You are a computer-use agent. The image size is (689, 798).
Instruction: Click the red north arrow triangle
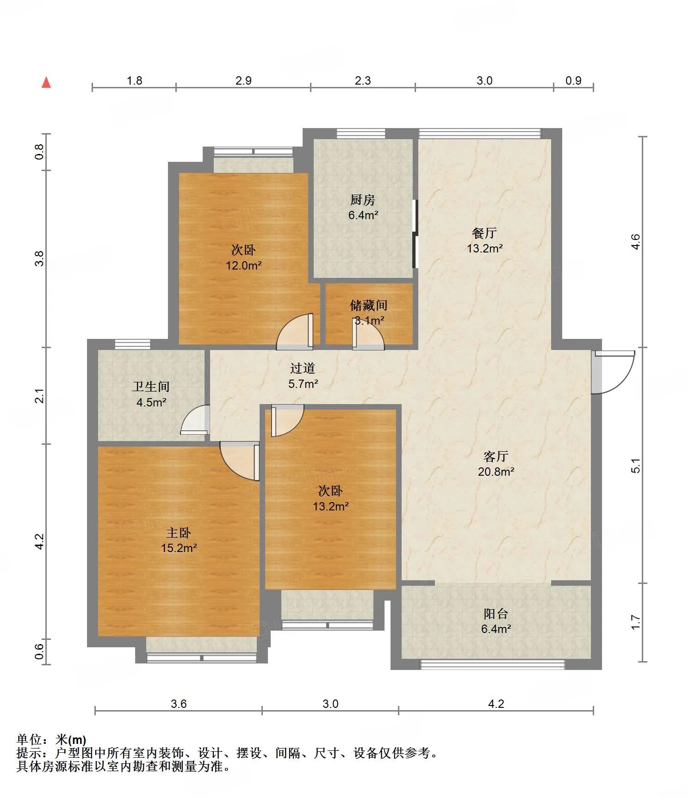[46, 82]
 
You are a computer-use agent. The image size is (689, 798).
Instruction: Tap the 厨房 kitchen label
[362, 200]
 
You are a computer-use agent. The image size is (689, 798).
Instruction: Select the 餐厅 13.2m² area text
[484, 248]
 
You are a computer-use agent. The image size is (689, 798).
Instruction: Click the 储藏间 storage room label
[368, 305]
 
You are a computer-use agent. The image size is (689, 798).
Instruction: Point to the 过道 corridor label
[303, 368]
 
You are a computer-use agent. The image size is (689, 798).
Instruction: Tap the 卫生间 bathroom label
[151, 387]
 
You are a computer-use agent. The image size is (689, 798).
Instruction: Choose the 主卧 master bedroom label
[179, 533]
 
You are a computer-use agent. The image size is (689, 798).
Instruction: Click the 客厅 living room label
[496, 456]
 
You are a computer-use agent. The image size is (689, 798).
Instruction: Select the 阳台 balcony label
[496, 614]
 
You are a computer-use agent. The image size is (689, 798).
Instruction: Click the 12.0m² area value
[244, 265]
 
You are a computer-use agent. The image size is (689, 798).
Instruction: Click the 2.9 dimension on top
[243, 80]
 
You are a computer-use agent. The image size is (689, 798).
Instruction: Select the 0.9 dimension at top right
[573, 80]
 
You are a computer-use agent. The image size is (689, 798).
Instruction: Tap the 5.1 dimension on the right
[636, 465]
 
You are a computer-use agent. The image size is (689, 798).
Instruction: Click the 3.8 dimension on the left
[40, 258]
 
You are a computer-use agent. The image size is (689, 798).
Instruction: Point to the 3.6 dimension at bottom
[179, 704]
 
